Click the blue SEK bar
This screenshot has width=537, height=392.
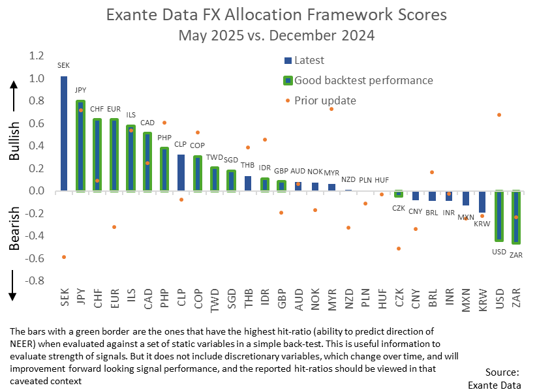(x=63, y=134)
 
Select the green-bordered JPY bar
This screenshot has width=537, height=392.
(x=80, y=146)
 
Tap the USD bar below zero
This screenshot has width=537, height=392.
(x=500, y=215)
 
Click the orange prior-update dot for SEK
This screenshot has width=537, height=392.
(x=64, y=257)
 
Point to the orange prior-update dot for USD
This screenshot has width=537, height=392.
(x=499, y=115)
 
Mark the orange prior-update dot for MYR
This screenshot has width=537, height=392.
(x=331, y=109)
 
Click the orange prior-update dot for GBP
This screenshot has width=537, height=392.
(x=281, y=213)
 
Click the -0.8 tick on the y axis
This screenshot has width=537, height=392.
(x=34, y=280)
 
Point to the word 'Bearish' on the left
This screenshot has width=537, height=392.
(x=15, y=228)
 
